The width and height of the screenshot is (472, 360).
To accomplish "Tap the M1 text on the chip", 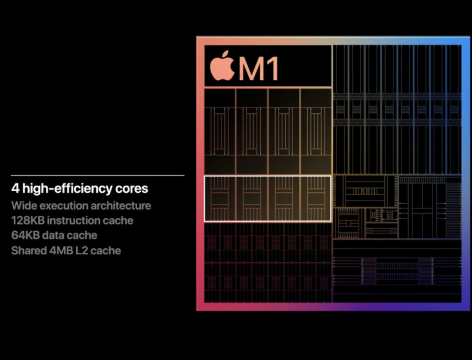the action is click(259, 69).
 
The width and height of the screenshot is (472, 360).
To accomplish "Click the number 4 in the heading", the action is click(16, 189).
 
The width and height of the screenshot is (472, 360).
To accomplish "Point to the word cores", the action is click(131, 189).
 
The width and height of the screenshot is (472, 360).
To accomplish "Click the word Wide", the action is click(24, 206).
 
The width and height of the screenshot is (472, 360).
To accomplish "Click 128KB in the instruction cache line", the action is click(27, 220).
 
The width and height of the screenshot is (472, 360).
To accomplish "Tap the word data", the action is click(53, 235).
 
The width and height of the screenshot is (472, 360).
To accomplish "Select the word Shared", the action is click(29, 251).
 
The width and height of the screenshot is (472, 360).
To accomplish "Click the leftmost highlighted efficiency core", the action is click(220, 199).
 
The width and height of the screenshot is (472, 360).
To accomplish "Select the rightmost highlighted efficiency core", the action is click(316, 199).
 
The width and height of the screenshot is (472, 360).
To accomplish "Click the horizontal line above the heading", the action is click(97, 176).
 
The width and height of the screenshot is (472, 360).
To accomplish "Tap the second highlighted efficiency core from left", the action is click(252, 199).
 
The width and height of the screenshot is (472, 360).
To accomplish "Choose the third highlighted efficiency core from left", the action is click(284, 199).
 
